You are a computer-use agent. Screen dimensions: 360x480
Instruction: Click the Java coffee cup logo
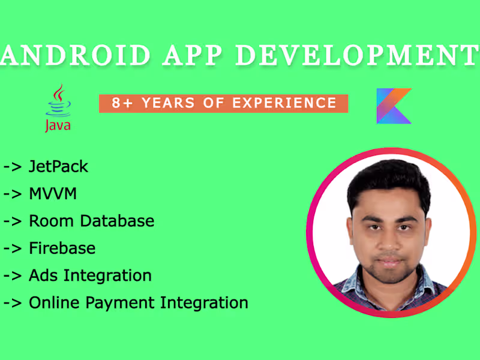(x=58, y=102)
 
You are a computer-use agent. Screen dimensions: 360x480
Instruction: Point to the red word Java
(x=58, y=125)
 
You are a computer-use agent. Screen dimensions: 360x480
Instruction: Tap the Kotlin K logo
(x=394, y=106)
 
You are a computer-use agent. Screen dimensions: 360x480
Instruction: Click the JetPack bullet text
(x=59, y=166)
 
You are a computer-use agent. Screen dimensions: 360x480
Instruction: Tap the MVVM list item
(x=53, y=194)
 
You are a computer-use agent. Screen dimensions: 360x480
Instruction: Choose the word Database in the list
(x=118, y=221)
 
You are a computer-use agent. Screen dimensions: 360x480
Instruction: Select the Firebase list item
(x=62, y=248)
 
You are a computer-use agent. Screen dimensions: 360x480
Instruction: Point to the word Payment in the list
(x=117, y=302)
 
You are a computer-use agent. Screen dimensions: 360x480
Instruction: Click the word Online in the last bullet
(x=53, y=302)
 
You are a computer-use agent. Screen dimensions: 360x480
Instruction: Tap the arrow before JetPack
(x=13, y=167)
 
